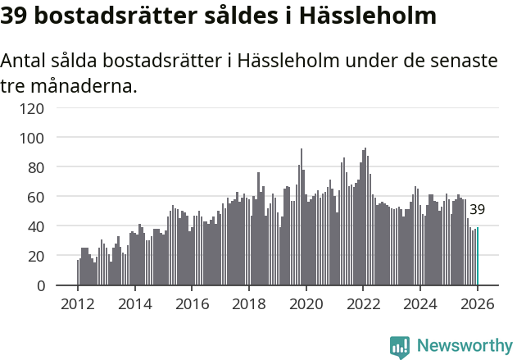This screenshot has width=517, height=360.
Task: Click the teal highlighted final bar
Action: click(x=478, y=257)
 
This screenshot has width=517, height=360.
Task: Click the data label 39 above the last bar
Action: click(x=477, y=210)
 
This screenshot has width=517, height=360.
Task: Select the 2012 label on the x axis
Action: click(x=78, y=303)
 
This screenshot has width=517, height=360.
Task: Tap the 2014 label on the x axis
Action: click(x=135, y=303)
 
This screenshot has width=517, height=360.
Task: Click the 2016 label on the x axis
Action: click(x=193, y=303)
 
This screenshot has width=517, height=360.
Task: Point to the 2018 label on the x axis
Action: click(x=249, y=303)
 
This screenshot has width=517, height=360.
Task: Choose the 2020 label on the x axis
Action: click(x=306, y=303)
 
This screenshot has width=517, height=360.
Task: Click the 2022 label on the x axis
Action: click(x=364, y=303)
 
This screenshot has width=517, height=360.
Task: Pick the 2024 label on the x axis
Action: click(x=421, y=303)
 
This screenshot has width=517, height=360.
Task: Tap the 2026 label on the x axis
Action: click(x=478, y=303)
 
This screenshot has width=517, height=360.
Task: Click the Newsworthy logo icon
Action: click(x=400, y=347)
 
